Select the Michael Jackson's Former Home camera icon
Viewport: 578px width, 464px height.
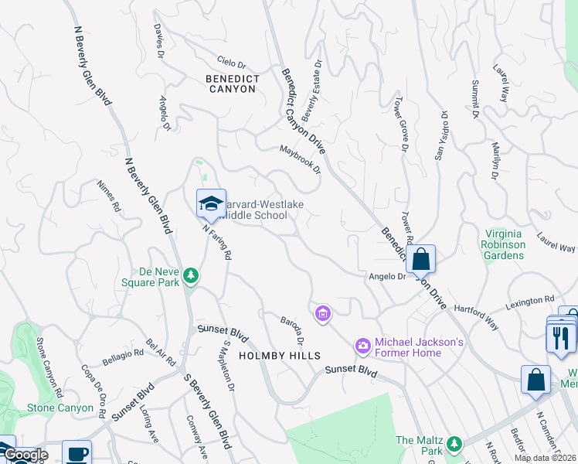[362, 344]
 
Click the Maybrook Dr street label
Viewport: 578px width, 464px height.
[300, 159]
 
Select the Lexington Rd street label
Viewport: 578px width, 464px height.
[530, 299]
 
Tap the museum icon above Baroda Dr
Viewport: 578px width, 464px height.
[323, 314]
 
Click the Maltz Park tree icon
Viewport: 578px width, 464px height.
[455, 444]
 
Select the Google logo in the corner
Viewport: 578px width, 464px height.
[25, 455]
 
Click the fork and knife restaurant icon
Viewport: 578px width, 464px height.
[561, 337]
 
